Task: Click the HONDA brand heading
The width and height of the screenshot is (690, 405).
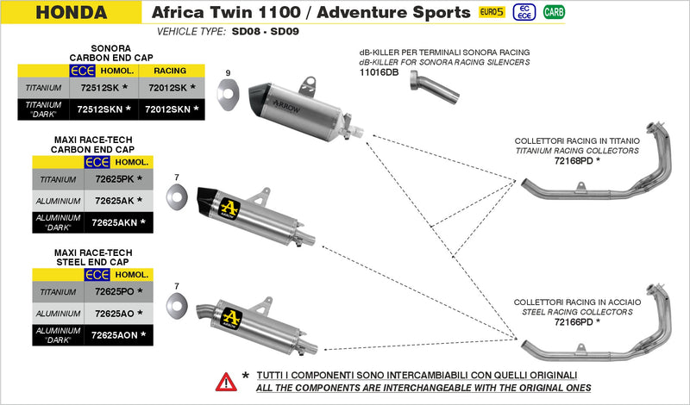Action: click(72, 13)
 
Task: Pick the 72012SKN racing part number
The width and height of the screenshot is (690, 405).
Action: click(168, 109)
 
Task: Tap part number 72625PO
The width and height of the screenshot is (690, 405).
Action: click(113, 292)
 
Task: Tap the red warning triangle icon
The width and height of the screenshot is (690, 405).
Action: click(226, 380)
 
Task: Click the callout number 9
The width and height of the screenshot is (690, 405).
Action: click(228, 72)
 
